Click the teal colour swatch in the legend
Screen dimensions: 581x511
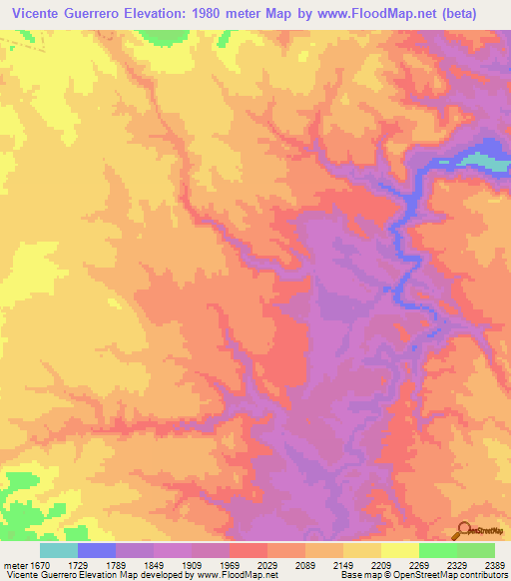(59, 550)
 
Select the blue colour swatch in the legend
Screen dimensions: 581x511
(97, 550)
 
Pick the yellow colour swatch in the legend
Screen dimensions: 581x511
(399, 550)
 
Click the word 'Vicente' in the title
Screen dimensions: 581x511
(39, 13)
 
